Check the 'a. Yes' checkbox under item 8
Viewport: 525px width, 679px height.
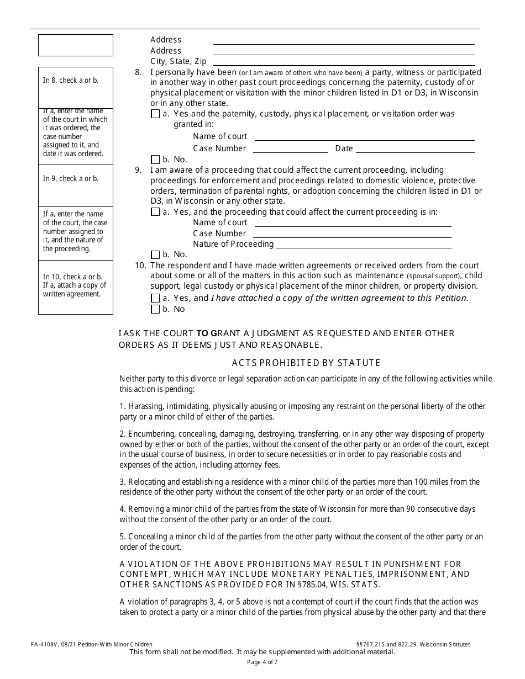(155, 114)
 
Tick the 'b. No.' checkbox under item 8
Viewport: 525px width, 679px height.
(155, 160)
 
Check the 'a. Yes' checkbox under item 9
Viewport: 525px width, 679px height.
(155, 213)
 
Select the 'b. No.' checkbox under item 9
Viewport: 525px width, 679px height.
(155, 255)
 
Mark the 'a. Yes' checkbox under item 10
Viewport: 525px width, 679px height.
(155, 299)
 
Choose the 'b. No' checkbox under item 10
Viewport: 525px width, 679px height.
(155, 310)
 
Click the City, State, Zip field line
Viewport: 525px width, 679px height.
(344, 65)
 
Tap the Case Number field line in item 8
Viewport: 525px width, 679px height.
(290, 152)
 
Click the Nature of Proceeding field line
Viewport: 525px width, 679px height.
(363, 247)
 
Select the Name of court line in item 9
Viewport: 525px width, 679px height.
(353, 226)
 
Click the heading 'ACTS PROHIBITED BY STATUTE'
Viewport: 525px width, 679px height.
(306, 363)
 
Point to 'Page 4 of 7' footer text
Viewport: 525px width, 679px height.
(262, 662)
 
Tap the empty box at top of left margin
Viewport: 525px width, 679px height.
(75, 45)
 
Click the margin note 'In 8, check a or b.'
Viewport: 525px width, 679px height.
(71, 81)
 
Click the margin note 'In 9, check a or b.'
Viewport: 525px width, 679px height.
(71, 179)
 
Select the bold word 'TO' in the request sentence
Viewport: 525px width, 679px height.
(203, 333)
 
